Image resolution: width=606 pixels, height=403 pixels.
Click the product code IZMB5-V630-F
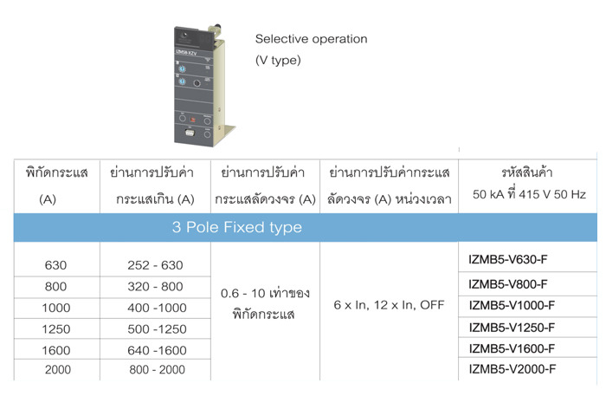pos(508,259)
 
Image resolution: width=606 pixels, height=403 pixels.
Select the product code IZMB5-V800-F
pos(508,284)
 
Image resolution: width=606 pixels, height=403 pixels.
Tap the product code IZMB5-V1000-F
pos(512,306)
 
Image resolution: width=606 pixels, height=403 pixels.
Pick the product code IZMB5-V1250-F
pos(512,328)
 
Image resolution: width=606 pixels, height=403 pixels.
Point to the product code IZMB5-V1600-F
pos(512,349)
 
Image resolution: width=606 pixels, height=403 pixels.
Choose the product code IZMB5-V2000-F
pos(513,369)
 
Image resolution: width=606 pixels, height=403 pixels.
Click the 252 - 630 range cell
pos(155,265)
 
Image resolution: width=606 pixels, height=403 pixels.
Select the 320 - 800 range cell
pos(155,287)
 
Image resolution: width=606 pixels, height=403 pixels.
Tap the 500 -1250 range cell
pos(157,329)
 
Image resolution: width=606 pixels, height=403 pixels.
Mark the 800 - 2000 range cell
pos(157,370)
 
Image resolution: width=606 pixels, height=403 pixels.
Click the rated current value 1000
pos(56,308)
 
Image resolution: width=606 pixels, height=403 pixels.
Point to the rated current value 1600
pos(56,350)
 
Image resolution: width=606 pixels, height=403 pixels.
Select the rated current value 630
pos(55,265)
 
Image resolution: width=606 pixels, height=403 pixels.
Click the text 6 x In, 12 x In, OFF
pos(389,305)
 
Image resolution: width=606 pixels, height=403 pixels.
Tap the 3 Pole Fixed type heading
pos(237,227)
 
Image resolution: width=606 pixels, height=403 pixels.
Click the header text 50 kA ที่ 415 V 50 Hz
pos(529,193)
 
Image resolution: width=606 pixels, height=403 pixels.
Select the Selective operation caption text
pos(311,39)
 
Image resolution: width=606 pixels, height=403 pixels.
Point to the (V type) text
pos(278,61)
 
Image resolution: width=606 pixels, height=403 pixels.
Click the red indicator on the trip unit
pos(193,120)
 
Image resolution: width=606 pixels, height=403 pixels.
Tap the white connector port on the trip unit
pos(190,133)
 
